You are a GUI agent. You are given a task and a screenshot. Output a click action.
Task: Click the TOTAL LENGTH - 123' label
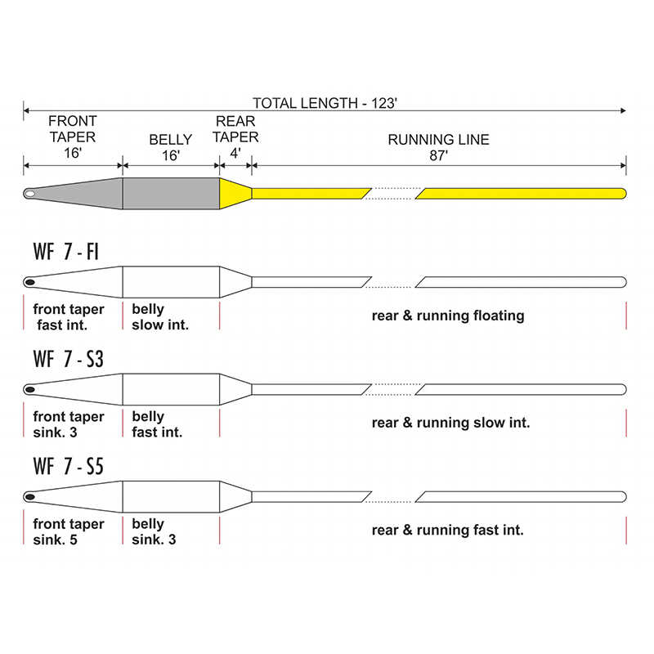coord(325,103)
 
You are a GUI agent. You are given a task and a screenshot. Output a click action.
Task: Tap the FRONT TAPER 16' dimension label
coord(73,137)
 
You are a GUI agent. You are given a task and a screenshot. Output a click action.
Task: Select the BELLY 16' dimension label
coord(171,147)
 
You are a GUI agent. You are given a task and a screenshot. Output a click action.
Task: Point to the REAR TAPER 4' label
coord(235,137)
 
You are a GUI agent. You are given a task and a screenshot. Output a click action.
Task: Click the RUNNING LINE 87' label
coord(438,147)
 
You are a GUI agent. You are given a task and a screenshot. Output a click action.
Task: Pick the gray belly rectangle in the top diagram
coord(171,194)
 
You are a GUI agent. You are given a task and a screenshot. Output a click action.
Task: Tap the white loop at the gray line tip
coord(29,194)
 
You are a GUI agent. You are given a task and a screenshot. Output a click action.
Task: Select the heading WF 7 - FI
coord(66,252)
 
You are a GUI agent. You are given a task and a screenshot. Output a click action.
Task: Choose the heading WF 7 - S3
coord(68,359)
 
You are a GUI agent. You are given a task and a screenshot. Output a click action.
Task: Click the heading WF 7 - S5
coord(68,466)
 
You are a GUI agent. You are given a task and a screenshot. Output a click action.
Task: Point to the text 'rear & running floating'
coord(448,316)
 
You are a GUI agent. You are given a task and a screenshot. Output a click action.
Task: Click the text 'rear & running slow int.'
coord(451,423)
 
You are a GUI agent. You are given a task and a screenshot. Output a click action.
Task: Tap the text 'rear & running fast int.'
coord(447,530)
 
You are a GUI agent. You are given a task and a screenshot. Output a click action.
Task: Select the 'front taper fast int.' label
coord(69,317)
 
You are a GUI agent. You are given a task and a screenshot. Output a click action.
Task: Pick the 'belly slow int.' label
coord(160,317)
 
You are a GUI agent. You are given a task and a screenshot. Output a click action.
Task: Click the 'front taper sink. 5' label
coord(69,531)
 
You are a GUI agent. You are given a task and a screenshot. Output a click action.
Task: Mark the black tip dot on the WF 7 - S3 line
coord(29,390)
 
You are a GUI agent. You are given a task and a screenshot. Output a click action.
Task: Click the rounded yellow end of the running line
coord(623,194)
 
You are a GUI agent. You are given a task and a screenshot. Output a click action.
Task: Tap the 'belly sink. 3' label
coord(154,531)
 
